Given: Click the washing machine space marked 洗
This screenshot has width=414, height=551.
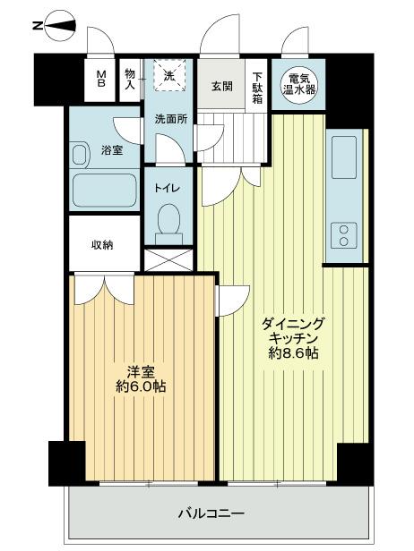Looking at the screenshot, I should [x=166, y=77].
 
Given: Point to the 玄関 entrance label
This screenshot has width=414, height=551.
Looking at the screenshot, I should [x=222, y=87].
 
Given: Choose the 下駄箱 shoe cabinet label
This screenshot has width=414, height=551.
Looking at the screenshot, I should [x=258, y=88].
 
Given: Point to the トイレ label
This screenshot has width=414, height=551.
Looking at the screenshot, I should [x=167, y=189].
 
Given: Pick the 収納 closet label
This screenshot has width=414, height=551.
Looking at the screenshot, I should [x=101, y=244].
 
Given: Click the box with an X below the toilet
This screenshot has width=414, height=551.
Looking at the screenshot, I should [x=168, y=260].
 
